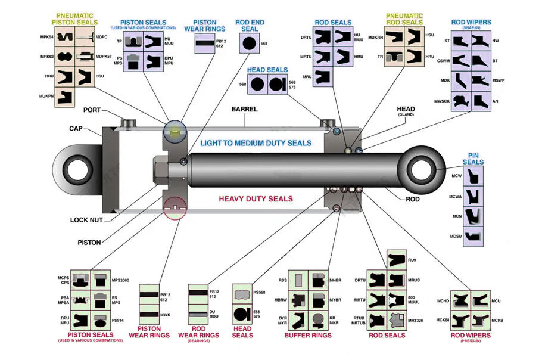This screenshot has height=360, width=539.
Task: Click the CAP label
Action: point(76,128)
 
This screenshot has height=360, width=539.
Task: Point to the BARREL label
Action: point(245,109)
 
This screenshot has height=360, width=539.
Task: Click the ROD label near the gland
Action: point(413,199)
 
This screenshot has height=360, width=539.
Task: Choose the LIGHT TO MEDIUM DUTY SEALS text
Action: point(256,143)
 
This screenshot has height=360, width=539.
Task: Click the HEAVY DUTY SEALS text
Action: point(256,199)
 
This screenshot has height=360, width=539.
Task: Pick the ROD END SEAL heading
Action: point(250,26)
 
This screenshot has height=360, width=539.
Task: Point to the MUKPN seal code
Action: point(46,95)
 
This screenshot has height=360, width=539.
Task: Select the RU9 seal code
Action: point(412,260)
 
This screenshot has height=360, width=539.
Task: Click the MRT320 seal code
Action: point(415,321)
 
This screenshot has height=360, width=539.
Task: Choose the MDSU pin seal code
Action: point(456,237)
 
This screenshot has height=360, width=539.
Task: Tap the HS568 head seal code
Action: point(259,292)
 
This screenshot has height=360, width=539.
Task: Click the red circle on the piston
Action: point(174,207)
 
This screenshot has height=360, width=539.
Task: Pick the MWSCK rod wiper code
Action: point(441,101)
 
